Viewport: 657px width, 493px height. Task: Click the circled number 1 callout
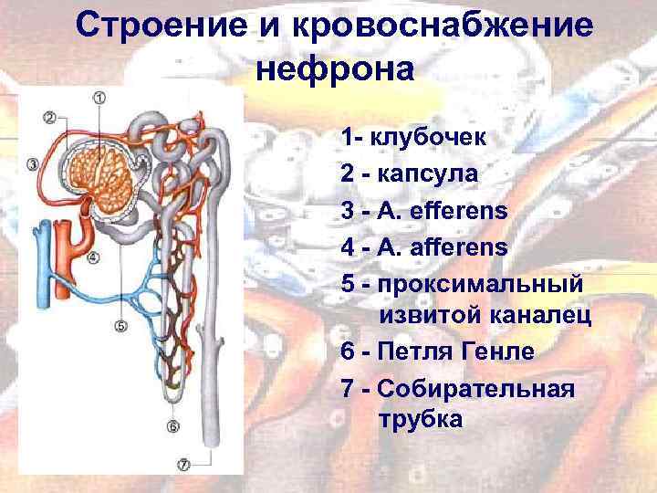pos(99,98)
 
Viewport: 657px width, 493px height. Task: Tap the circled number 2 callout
pos(49,118)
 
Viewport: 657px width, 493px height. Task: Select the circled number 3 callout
pos(33,165)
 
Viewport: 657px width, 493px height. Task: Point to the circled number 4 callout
pos(93,257)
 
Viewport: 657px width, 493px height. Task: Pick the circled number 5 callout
pos(121,325)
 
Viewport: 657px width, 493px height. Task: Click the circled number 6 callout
pos(173,425)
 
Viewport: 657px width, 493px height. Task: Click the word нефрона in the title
pos(334,68)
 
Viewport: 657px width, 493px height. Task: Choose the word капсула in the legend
pos(428,173)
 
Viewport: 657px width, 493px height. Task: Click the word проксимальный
pos(476,283)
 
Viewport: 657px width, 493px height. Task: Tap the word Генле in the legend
pos(497,351)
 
